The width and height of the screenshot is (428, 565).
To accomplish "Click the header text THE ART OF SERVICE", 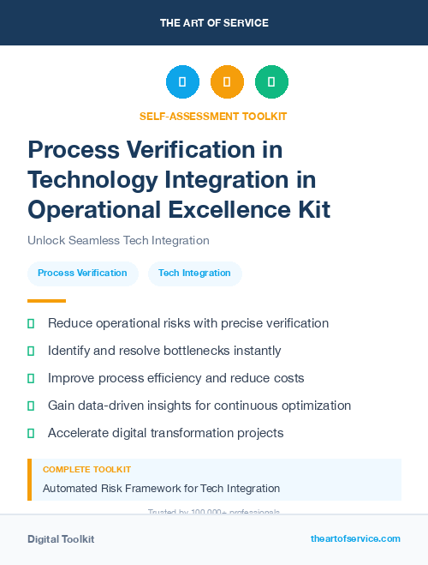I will coord(214,23).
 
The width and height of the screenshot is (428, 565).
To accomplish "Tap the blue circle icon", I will coord(182,82).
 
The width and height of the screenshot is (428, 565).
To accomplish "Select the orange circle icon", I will coord(227,82).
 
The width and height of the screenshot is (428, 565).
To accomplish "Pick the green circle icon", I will coord(271,82).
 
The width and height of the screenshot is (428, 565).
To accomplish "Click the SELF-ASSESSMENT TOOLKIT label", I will coord(214,116).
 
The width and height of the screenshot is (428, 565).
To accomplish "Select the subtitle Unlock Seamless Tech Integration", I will coord(118,241).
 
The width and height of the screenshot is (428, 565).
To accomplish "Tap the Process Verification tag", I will coord(82,273).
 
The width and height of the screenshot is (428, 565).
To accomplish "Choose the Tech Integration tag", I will coord(194,273).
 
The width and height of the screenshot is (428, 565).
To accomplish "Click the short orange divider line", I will coord(46,301).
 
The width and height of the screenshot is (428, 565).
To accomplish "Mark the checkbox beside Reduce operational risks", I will coord(31,324).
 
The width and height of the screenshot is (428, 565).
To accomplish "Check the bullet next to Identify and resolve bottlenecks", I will coord(31,352).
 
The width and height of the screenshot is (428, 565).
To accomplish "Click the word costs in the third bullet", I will coord(288,378).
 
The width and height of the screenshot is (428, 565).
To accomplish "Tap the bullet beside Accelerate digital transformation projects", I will coord(31,433).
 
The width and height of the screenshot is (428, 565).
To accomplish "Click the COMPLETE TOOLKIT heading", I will coord(87,470).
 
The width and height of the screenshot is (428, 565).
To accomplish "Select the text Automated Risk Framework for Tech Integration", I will coord(161,489).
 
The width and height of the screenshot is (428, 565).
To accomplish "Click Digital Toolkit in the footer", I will coord(61,539).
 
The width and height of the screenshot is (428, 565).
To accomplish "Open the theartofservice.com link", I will coord(355,538).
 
